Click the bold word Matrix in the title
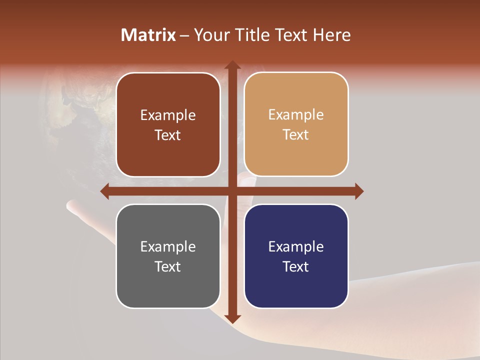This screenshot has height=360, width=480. point(148,35)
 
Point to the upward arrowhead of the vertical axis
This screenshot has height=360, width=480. point(232,65)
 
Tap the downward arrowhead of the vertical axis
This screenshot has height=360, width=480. point(232,318)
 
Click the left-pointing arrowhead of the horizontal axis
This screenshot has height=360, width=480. point(105,191)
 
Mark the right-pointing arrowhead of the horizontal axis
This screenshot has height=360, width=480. point(358,191)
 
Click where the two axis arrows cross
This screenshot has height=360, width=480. point(232,191)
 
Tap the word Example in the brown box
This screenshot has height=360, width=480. point(168,115)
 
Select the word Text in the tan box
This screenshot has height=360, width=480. point(296,135)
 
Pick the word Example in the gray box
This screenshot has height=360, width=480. point(168,246)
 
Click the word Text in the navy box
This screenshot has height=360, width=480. point(296,266)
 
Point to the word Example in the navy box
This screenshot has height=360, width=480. point(296,246)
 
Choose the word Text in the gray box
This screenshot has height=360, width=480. point(168,266)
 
